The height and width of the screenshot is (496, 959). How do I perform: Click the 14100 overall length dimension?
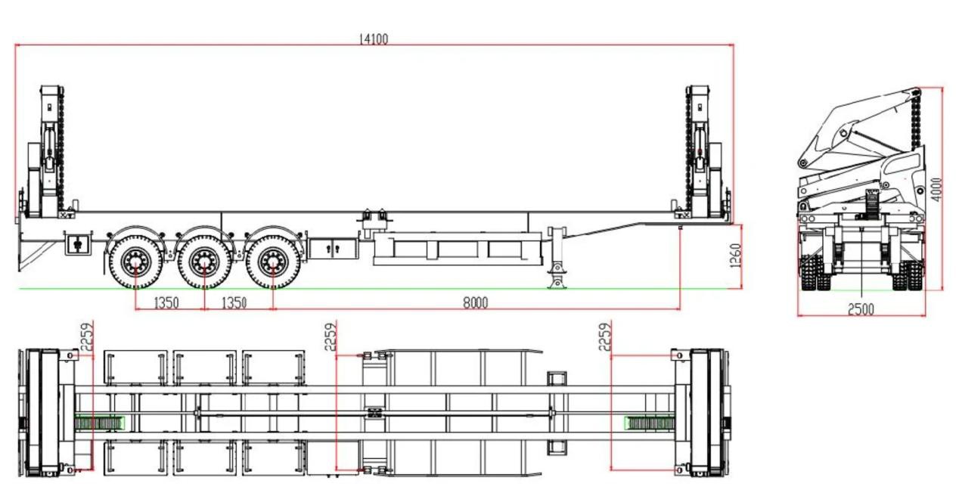point(374,39)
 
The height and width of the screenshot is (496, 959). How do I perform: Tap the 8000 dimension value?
point(475,303)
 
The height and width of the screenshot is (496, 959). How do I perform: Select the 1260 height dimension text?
point(735,256)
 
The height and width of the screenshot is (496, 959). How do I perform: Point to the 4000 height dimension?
point(937,190)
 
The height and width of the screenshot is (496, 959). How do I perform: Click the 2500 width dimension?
point(861,309)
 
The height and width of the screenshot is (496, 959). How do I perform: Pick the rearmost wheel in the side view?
point(136,262)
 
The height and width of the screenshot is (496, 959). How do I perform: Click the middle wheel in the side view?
point(204,262)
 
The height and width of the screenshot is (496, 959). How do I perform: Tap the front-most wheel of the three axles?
point(273,262)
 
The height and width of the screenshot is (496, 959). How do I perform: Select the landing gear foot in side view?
point(557,281)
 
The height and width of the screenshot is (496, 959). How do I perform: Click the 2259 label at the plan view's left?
point(87,336)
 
